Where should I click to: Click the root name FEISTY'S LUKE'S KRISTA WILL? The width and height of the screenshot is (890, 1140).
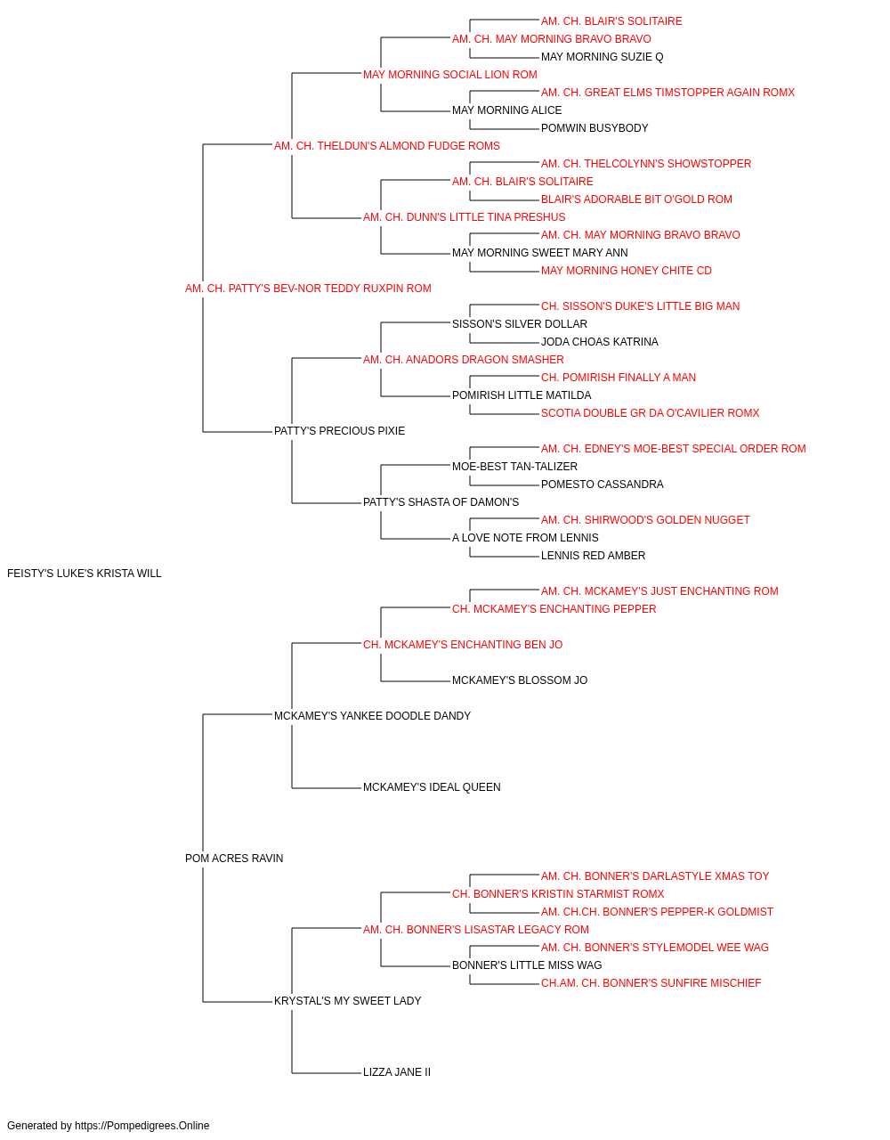point(84,574)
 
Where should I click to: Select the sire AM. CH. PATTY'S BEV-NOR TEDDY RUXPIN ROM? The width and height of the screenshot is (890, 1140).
point(308,289)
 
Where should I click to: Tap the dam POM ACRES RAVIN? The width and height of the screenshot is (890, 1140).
point(234,859)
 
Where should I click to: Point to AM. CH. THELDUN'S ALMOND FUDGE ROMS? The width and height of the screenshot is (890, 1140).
point(387,146)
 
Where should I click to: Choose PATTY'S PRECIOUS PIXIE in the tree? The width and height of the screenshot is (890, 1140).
point(339,431)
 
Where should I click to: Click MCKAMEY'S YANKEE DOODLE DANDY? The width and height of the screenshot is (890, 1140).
point(372,715)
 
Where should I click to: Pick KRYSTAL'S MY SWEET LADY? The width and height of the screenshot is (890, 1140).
point(347,1000)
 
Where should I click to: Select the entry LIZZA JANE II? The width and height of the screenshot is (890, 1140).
point(397,1071)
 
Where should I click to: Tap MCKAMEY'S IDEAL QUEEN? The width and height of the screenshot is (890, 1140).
point(432,787)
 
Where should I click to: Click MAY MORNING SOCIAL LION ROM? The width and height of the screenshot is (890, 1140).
point(450,75)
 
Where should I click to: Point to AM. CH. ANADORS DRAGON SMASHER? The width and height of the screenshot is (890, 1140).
point(464,359)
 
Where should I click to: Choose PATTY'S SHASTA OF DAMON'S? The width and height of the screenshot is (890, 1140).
point(441,502)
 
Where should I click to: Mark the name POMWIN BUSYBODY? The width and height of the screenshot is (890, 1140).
point(595,128)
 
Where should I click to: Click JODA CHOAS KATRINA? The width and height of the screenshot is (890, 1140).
point(600,341)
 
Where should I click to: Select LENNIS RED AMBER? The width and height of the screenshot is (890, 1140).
point(593,555)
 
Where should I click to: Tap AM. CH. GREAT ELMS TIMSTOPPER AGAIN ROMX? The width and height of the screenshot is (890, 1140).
point(667,93)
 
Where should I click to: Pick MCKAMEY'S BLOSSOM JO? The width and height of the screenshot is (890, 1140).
point(520,680)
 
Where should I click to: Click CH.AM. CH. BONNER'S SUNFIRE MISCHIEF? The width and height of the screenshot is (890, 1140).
point(651,982)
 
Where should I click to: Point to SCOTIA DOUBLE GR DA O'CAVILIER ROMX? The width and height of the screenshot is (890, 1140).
point(650,413)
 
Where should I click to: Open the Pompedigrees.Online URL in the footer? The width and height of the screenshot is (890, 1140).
point(142,1126)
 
